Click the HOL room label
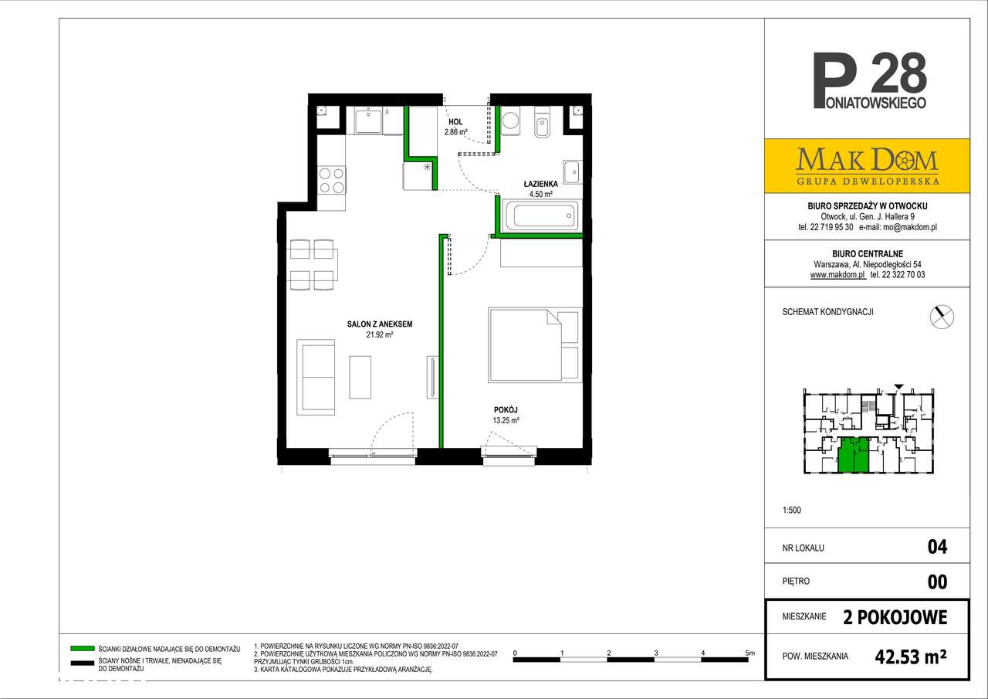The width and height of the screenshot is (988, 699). [455, 122]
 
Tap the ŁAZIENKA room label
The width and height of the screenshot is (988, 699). [541, 184]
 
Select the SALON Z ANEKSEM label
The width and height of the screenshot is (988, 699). [380, 324]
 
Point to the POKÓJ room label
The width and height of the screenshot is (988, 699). [506, 410]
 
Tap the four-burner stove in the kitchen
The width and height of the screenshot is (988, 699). [332, 181]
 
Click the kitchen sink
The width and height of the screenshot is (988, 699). [368, 121]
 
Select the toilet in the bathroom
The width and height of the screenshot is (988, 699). [542, 123]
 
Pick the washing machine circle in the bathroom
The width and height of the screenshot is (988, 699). [511, 120]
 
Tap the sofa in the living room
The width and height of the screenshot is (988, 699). [316, 377]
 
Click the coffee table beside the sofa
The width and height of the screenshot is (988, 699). [360, 377]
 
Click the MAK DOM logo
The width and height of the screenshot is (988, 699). [867, 166]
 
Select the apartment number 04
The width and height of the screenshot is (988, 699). [937, 547]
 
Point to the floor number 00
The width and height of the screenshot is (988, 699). [937, 582]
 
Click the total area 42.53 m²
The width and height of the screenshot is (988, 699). [911, 657]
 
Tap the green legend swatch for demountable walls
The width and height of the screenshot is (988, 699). [83, 649]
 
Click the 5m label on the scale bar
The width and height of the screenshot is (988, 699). [749, 653]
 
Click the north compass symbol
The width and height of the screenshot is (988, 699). [942, 317]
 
